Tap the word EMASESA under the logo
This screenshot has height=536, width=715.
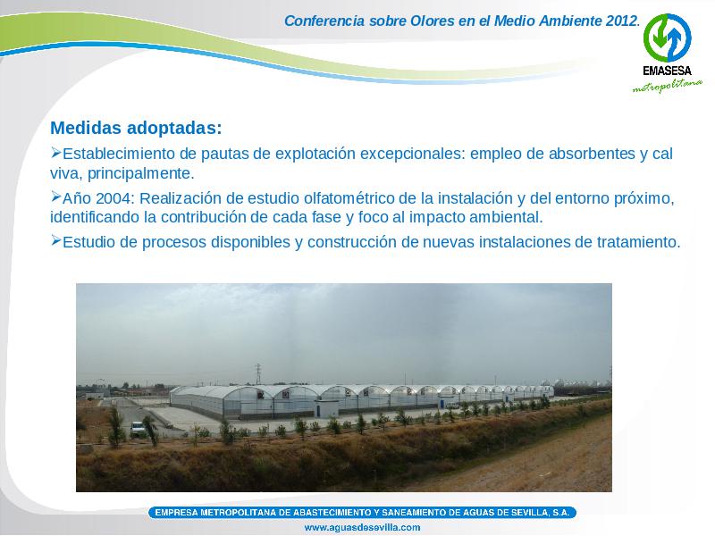(x=667, y=71)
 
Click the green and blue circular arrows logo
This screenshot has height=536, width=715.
(x=667, y=38)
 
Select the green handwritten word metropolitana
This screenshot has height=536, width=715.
(x=667, y=85)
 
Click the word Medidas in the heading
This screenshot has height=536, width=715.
(x=86, y=128)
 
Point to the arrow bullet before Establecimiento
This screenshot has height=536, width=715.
(x=55, y=152)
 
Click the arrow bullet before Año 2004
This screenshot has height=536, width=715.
(x=55, y=197)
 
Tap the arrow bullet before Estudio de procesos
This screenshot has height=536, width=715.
(x=55, y=239)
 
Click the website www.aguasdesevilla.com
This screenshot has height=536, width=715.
(x=362, y=527)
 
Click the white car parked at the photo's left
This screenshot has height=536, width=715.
(x=137, y=428)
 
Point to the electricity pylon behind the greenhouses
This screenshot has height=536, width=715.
(x=258, y=373)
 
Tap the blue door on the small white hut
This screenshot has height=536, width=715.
(x=321, y=409)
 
